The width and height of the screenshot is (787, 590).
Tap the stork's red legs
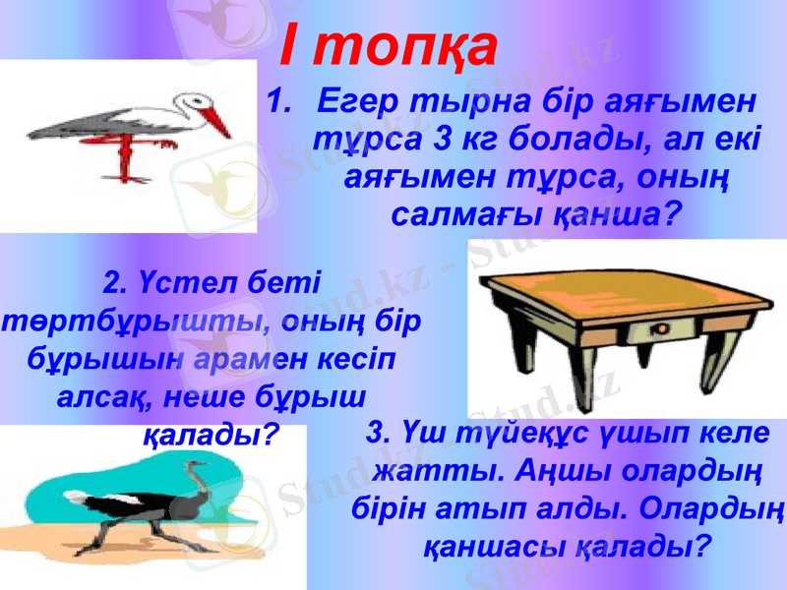pos(126,157)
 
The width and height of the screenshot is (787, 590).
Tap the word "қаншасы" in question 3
pos(501,544)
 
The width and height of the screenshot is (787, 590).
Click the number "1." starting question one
pos(281,101)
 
